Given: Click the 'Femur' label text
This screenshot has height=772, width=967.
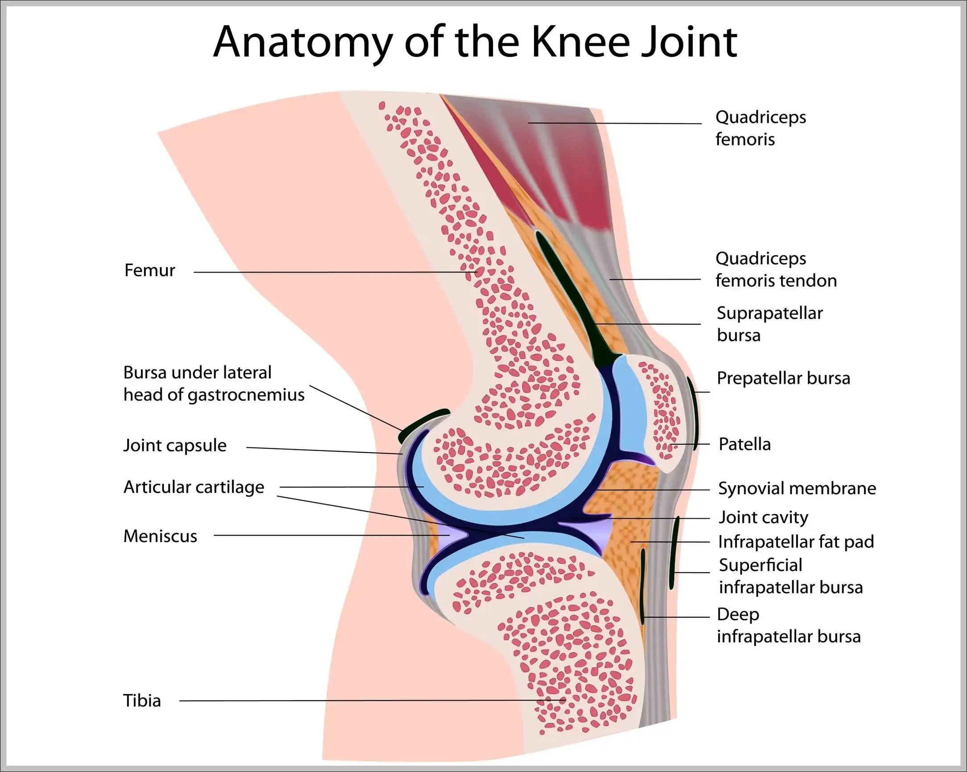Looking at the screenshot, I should (149, 271).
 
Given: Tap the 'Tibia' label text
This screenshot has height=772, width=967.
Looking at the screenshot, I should (142, 701).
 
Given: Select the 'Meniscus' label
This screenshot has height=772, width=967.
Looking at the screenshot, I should (160, 536).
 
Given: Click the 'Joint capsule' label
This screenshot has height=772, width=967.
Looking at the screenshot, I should (175, 446).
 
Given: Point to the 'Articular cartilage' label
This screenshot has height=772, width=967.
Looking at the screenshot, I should (194, 487).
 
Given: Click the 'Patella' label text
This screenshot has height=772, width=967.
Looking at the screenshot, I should (745, 444).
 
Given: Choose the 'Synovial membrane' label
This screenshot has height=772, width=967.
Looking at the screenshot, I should (797, 488).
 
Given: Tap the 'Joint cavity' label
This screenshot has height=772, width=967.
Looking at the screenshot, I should (763, 517).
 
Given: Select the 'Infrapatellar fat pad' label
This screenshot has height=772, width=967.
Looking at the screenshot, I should (796, 542).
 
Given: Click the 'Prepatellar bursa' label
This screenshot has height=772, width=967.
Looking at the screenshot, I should (783, 378).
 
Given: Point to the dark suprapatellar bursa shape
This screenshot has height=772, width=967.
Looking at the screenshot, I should (570, 296).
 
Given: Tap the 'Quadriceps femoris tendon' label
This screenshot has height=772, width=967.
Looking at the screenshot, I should (776, 269).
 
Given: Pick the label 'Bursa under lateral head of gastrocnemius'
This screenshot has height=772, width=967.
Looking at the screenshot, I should (214, 384).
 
